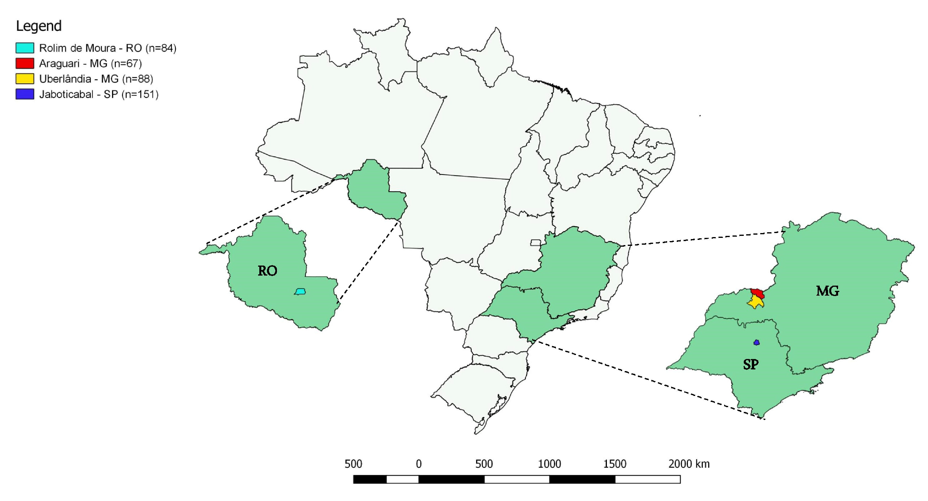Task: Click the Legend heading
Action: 39,26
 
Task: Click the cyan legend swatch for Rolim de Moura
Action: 24,48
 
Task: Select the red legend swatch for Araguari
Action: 24,63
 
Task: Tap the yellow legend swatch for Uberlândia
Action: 24,79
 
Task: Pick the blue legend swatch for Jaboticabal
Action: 24,94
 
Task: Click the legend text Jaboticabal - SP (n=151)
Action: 99,94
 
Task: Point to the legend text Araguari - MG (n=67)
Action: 90,63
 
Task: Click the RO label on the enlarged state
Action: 267,271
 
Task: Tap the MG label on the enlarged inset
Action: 827,291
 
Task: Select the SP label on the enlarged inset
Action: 751,364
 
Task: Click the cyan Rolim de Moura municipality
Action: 300,291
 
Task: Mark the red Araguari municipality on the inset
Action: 758,293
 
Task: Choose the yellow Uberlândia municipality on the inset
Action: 756,302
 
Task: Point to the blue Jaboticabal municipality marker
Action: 757,343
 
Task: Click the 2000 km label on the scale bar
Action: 689,464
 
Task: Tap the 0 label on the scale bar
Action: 419,464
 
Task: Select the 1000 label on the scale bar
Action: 549,464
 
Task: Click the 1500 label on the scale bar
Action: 615,464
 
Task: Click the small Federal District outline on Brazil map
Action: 535,243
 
